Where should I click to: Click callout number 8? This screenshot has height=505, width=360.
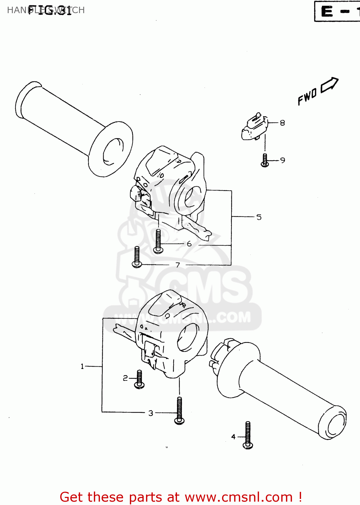pyautogui.click(x=282, y=123)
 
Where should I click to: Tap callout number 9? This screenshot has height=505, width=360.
pyautogui.click(x=282, y=160)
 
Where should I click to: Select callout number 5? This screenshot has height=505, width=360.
pyautogui.click(x=259, y=217)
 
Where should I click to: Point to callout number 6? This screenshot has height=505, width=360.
pyautogui.click(x=189, y=243)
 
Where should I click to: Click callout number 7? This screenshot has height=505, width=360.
pyautogui.click(x=178, y=265)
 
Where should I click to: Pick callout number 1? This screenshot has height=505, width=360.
pyautogui.click(x=82, y=366)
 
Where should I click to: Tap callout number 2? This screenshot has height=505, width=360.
pyautogui.click(x=125, y=378)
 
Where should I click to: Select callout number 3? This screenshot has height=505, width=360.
pyautogui.click(x=151, y=413)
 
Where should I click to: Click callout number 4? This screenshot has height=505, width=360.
pyautogui.click(x=233, y=437)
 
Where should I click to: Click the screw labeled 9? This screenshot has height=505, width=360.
pyautogui.click(x=265, y=161)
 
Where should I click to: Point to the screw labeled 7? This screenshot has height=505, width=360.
pyautogui.click(x=137, y=257)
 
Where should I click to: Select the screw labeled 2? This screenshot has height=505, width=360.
pyautogui.click(x=139, y=379)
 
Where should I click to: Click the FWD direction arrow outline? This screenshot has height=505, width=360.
pyautogui.click(x=329, y=85)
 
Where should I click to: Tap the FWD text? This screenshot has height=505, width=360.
pyautogui.click(x=307, y=97)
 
